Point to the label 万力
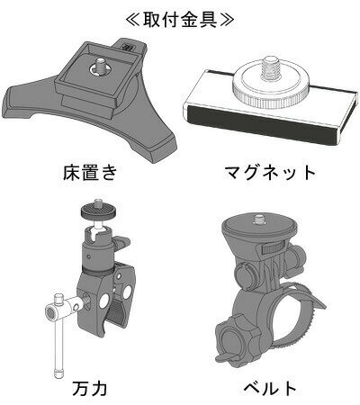click(x=90, y=389)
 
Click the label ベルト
click(x=270, y=388)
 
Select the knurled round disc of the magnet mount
click(x=269, y=86)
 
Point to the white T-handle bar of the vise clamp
click(x=58, y=336)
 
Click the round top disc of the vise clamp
click(x=98, y=211)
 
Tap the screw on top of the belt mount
click(x=259, y=220)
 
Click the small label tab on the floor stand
click(x=125, y=46)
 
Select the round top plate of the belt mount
click(x=260, y=224)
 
